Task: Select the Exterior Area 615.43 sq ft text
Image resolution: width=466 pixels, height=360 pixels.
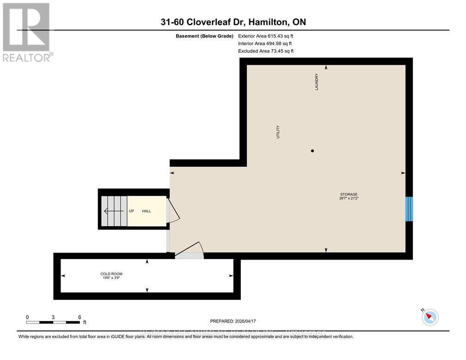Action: point(265,36)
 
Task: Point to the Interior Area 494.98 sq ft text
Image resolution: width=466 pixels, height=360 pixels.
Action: point(264,43)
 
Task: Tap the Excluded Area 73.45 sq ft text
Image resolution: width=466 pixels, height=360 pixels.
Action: point(265,51)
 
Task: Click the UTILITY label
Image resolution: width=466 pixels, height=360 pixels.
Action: point(278,133)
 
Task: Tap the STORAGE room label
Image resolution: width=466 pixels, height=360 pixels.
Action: point(349,194)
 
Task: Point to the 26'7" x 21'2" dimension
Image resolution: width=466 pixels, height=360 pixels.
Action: point(349,199)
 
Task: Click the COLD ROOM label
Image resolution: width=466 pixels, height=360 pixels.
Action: point(111,274)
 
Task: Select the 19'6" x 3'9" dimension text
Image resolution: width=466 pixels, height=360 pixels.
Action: point(111,278)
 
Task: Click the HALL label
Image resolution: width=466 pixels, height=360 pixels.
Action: point(147,211)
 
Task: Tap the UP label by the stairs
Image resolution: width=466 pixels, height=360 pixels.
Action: point(131,211)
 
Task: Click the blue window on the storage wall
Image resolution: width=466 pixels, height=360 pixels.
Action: point(409,209)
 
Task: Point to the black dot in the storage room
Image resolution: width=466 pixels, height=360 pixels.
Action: point(313,151)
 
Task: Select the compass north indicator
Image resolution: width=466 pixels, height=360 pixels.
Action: point(430,317)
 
